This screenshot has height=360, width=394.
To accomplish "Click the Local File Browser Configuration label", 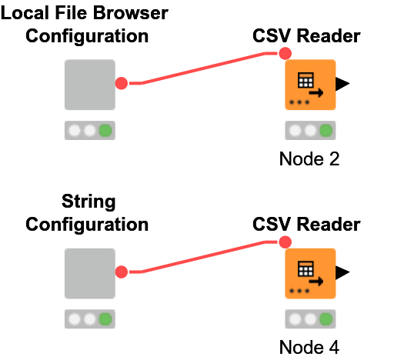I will [87, 25].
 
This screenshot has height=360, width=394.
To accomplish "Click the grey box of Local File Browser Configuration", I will [89, 85].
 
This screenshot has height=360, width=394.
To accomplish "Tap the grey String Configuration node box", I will [89, 273].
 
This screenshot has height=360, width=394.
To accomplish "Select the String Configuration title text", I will [87, 213].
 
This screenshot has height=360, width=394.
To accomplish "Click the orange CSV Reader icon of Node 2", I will [310, 85].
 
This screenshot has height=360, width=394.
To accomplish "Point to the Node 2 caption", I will [309, 159].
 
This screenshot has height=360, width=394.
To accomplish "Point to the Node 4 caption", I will [309, 347].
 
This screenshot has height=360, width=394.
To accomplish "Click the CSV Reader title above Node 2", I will [306, 36].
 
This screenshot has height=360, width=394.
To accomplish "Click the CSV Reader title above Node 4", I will [306, 225].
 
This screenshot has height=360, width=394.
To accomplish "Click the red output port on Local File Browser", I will [121, 83].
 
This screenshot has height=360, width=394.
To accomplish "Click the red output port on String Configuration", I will [121, 272].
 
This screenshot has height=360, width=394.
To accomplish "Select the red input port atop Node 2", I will [285, 54].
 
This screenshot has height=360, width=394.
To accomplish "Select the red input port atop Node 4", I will [285, 242].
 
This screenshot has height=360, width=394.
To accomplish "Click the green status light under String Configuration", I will [105, 318].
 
